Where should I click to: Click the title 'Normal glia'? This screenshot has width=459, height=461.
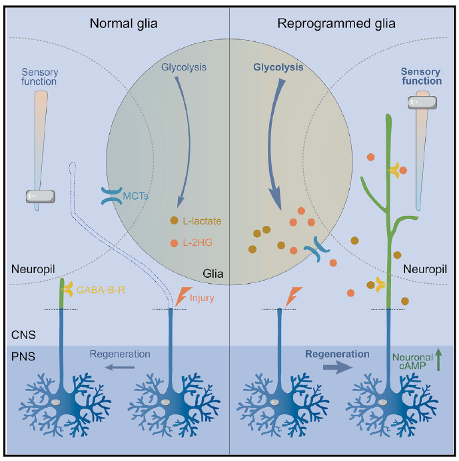pyautogui.click(x=123, y=23)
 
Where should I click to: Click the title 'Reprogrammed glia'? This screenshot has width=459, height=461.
pyautogui.click(x=336, y=23)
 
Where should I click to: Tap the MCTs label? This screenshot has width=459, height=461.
pyautogui.click(x=135, y=196)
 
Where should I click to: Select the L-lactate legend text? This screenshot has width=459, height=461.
pyautogui.click(x=202, y=221)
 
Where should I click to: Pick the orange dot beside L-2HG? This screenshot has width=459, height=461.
pyautogui.click(x=174, y=243)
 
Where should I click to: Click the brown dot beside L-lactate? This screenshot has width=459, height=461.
pyautogui.click(x=174, y=221)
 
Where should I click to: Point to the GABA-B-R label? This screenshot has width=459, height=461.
pyautogui.click(x=101, y=290)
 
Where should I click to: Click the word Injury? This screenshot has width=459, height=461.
pyautogui.click(x=202, y=298)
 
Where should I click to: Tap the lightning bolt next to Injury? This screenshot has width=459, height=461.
pyautogui.click(x=183, y=296)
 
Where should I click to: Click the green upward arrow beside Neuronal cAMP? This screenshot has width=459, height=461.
pyautogui.click(x=438, y=360)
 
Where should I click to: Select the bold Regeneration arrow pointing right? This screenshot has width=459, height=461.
pyautogui.click(x=338, y=367)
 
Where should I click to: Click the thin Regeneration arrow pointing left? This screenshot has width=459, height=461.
pyautogui.click(x=120, y=367)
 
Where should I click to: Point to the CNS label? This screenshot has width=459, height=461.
pyautogui.click(x=23, y=335)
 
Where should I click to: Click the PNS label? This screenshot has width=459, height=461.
pyautogui.click(x=23, y=356)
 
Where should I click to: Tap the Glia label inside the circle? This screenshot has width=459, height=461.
pyautogui.click(x=213, y=274)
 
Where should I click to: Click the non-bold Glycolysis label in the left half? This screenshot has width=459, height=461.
pyautogui.click(x=183, y=67)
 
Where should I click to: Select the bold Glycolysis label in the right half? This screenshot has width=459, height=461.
pyautogui.click(x=278, y=67)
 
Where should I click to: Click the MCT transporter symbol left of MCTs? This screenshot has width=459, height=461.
pyautogui.click(x=111, y=196)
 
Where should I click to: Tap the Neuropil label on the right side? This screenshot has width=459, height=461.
pyautogui.click(x=425, y=269)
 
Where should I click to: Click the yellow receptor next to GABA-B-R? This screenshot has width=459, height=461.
pyautogui.click(x=68, y=289)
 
